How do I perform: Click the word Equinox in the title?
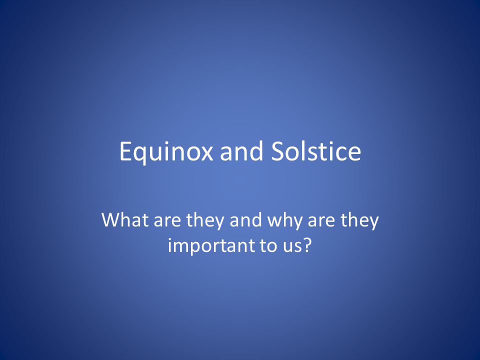click(x=166, y=152)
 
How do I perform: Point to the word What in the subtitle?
click(x=125, y=219)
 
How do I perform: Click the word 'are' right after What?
click(x=167, y=221)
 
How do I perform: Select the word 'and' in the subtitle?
click(x=246, y=219)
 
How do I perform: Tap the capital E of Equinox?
click(x=126, y=151)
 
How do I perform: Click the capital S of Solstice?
click(x=277, y=151)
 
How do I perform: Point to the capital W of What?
click(x=111, y=219)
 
